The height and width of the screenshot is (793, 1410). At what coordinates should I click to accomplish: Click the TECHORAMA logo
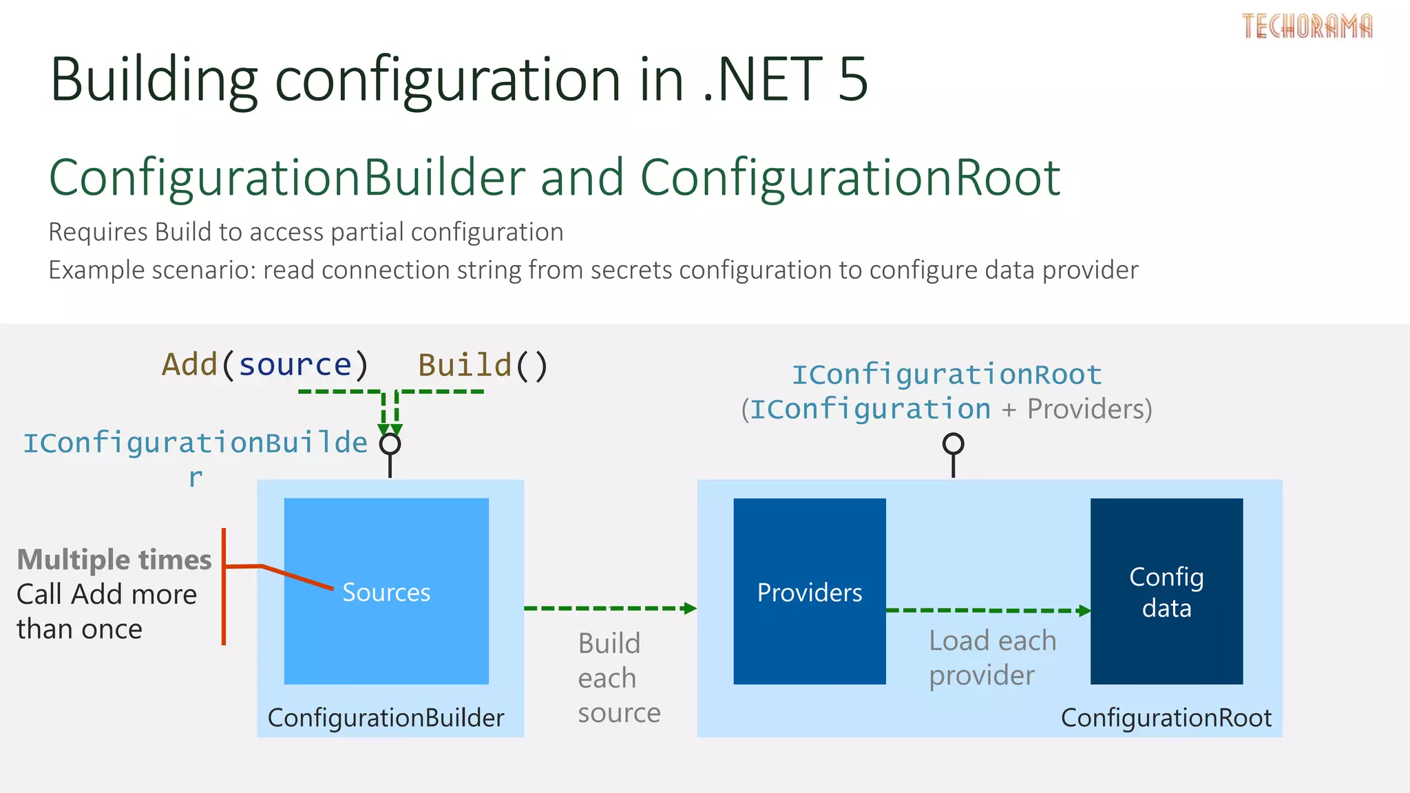point(1307,26)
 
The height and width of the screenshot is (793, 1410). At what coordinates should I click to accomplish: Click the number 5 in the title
point(853,79)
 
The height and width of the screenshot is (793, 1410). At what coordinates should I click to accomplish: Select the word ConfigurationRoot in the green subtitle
point(850,178)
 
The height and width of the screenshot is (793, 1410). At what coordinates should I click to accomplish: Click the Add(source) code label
point(265,365)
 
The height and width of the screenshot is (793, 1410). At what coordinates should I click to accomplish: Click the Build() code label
point(483,365)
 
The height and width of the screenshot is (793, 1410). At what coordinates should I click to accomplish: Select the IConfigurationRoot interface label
point(947,375)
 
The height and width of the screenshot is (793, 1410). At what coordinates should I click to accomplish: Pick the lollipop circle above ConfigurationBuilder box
point(390,444)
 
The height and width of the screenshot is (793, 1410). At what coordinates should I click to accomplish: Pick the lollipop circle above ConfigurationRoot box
point(953,444)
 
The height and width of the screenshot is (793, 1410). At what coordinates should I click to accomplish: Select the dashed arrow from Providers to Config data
point(988,611)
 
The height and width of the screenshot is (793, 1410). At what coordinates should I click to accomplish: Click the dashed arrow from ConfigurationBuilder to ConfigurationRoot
point(609,609)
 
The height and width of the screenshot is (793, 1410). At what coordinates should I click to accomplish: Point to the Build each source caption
point(618,678)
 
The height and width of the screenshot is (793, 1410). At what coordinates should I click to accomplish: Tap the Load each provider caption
point(991,658)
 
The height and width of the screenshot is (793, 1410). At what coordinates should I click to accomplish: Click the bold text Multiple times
point(114,560)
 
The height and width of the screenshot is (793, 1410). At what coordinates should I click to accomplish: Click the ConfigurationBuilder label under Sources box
point(386,718)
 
